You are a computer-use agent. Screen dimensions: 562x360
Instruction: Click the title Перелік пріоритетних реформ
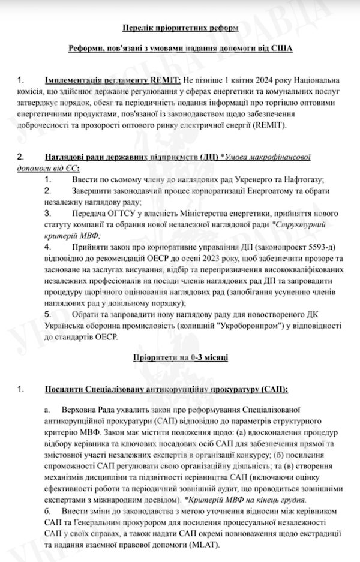pyautogui.click(x=180, y=28)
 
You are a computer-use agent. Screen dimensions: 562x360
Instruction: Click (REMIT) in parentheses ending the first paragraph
pyautogui.click(x=271, y=125)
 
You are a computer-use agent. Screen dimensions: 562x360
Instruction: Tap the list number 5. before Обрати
pyautogui.click(x=48, y=315)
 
